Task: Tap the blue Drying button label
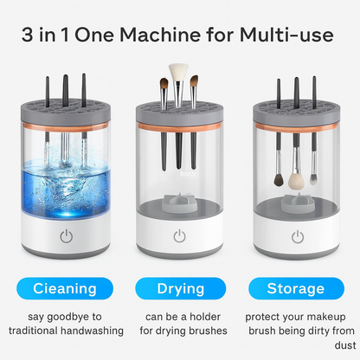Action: (179, 287)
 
